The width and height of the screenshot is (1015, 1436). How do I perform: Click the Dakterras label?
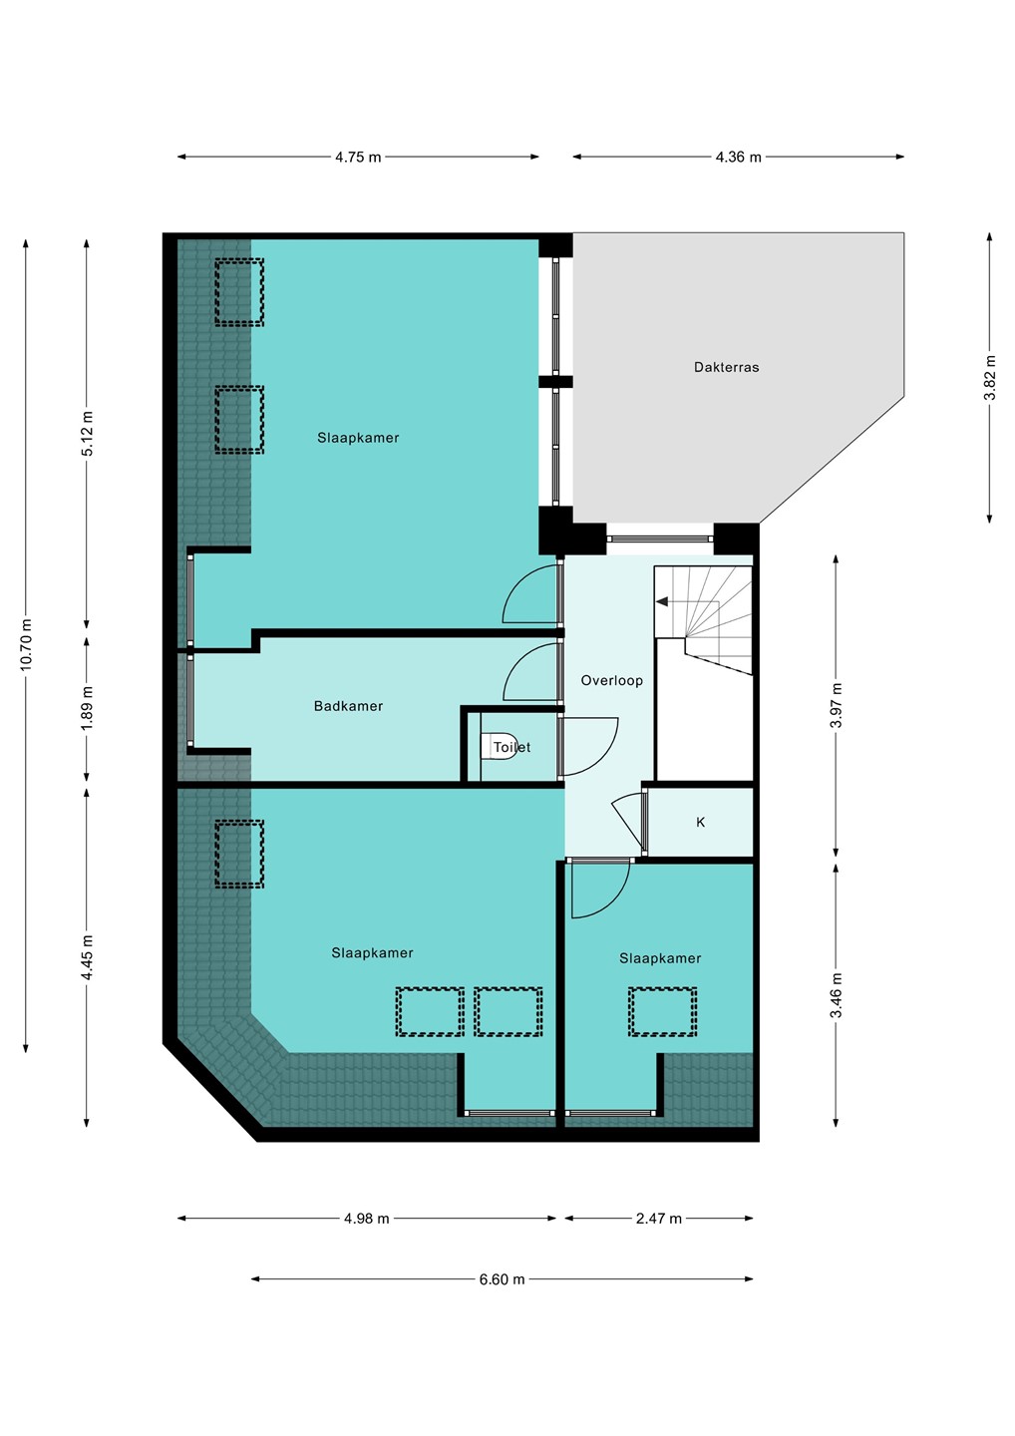tap(726, 367)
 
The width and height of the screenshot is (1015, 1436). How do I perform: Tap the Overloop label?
tap(611, 680)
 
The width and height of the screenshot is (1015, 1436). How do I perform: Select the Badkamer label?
tap(348, 706)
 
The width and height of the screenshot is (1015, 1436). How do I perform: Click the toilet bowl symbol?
tap(500, 747)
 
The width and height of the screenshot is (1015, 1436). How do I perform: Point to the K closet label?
tap(700, 822)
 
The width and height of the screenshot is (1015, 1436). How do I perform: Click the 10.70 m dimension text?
tap(26, 645)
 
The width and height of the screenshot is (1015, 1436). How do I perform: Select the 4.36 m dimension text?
tap(738, 158)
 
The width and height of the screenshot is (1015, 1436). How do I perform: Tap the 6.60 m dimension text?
tap(502, 1278)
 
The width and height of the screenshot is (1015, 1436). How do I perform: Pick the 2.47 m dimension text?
tap(659, 1218)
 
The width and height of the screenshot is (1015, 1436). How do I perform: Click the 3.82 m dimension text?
tap(990, 378)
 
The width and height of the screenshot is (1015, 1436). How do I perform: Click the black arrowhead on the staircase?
tap(661, 601)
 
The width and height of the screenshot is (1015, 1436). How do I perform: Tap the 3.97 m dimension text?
tap(837, 705)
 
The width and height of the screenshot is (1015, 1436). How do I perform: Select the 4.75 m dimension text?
tap(358, 158)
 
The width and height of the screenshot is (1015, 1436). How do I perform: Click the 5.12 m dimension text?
tap(87, 434)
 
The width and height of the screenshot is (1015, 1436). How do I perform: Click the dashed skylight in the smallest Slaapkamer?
tap(662, 1011)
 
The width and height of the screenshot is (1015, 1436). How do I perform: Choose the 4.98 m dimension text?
tap(367, 1218)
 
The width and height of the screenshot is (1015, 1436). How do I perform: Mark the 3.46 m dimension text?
tap(837, 995)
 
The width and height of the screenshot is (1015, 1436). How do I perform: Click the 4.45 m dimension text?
tap(87, 957)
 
